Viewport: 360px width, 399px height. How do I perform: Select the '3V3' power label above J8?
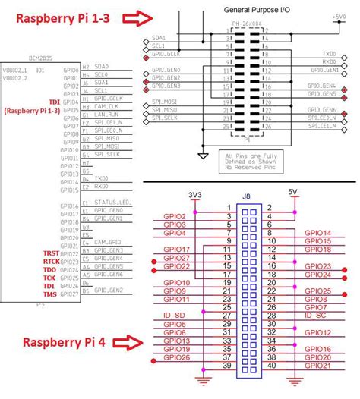tap(195, 193)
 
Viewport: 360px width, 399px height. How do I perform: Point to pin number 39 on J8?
tap(227, 366)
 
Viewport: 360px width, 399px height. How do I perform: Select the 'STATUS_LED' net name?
tap(112, 202)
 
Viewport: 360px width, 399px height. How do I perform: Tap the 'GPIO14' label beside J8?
tap(317, 233)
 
